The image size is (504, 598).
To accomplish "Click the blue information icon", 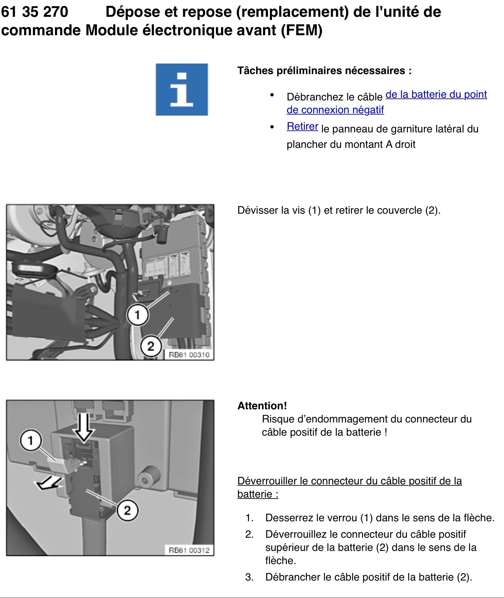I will click(182, 90).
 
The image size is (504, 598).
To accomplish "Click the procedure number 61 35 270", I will click(35, 12).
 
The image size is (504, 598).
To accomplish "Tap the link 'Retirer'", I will click(302, 126).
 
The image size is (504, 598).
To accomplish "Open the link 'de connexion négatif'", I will click(335, 110).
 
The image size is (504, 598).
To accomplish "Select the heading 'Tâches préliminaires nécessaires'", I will click(324, 71).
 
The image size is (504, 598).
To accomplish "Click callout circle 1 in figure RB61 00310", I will click(138, 315).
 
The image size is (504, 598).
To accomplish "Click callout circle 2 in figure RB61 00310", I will click(151, 346).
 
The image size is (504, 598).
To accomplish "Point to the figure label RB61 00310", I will click(189, 355).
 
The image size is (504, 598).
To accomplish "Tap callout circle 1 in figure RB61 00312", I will click(31, 440).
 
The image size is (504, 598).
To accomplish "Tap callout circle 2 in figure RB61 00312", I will click(127, 510).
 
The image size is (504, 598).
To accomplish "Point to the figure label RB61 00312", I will click(189, 550).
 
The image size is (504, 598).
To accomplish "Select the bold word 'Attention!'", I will click(262, 406).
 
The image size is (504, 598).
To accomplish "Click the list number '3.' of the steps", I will click(249, 577).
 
